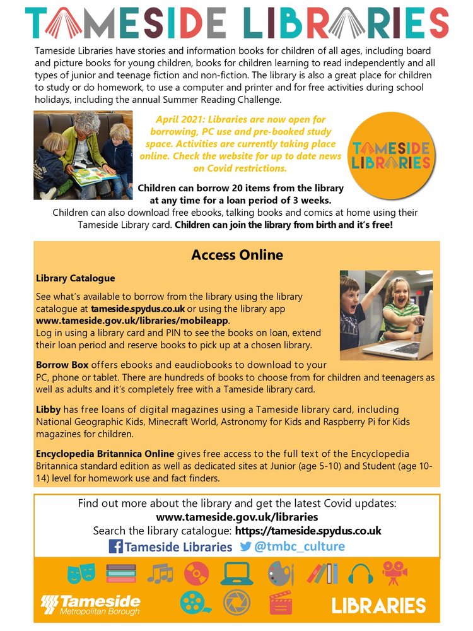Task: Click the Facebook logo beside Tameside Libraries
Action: pos(116,546)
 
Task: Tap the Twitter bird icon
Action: pos(245,546)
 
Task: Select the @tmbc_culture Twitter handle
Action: pos(299,546)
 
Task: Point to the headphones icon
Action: pos(361,573)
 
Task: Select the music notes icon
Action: pos(160,573)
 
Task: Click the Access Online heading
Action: pos(237,256)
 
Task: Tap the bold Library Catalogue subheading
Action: pos(75,278)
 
